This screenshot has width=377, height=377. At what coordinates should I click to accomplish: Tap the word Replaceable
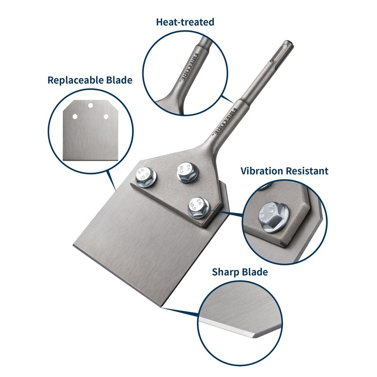pos(77,80)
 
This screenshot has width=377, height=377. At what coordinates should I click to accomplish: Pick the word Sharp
pos(226,272)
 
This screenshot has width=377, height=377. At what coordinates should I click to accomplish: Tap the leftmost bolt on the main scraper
pos(143,177)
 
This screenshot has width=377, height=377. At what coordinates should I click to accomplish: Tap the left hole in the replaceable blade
pos(74,116)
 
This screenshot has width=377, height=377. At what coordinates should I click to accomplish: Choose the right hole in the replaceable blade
pos(106,116)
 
